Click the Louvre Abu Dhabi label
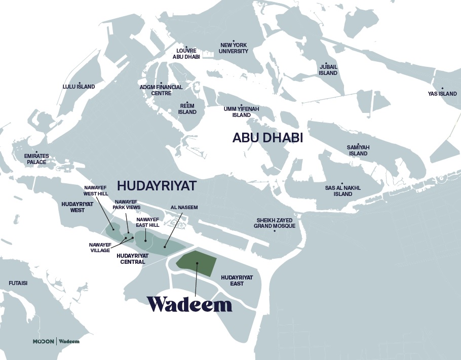pos(186,54)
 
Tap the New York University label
pos(234,48)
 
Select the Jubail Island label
pos(328,70)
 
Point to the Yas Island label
pos(442,94)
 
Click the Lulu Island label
pos(79,87)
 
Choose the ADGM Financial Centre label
pos(161,90)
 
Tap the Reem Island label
pos(187,109)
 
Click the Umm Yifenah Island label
pos(241,112)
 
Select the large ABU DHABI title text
pos(267,138)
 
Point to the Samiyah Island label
pos(358,150)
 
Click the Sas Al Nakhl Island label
pos(342,191)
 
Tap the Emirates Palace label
pos(36,159)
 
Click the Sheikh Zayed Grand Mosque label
pos(274,223)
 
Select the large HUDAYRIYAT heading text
pos(157,185)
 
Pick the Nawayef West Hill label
pos(96,190)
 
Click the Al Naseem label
pos(184,208)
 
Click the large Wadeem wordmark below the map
pos(189,304)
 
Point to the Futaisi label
pos(18,284)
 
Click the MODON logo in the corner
pos(44,341)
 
